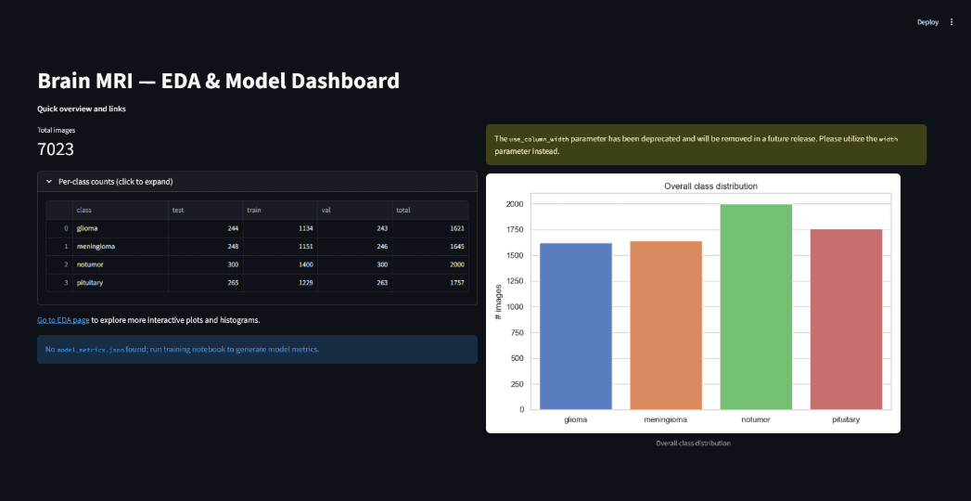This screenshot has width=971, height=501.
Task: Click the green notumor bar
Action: [756, 306]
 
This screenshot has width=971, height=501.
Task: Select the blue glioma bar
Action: [576, 327]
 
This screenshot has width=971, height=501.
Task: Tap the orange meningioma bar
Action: [666, 325]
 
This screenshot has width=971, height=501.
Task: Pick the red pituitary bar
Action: [846, 319]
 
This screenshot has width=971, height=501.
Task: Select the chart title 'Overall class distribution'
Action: [711, 186]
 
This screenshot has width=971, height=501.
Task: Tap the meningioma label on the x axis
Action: [666, 420]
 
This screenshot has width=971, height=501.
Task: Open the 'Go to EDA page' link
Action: [63, 320]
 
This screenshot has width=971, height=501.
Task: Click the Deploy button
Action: [927, 22]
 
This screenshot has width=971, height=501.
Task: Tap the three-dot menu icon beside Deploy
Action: [952, 22]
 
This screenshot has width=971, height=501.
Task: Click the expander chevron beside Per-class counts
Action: [49, 182]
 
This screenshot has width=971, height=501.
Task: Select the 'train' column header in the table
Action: [254, 211]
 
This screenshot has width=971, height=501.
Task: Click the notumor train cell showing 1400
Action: [306, 264]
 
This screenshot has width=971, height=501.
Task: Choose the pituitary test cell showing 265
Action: [233, 282]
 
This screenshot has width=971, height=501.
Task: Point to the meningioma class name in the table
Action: [96, 247]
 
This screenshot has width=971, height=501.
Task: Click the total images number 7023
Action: [56, 149]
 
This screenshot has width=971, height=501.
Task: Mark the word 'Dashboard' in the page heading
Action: [340, 81]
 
